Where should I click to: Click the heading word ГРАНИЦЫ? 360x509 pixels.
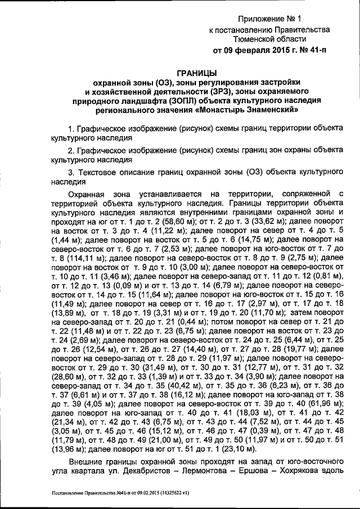coord(197,73)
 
